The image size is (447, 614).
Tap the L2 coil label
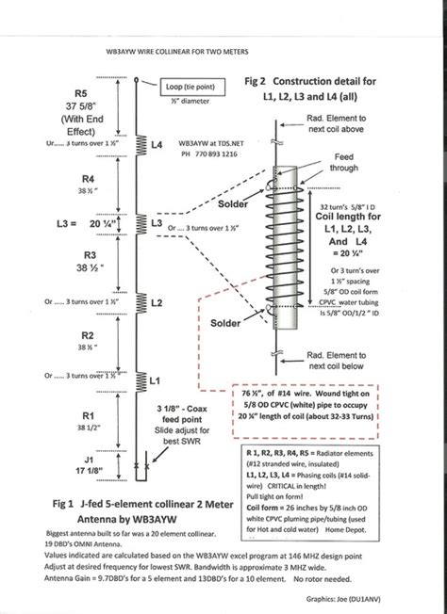[158, 302]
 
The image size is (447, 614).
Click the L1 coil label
[157, 380]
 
